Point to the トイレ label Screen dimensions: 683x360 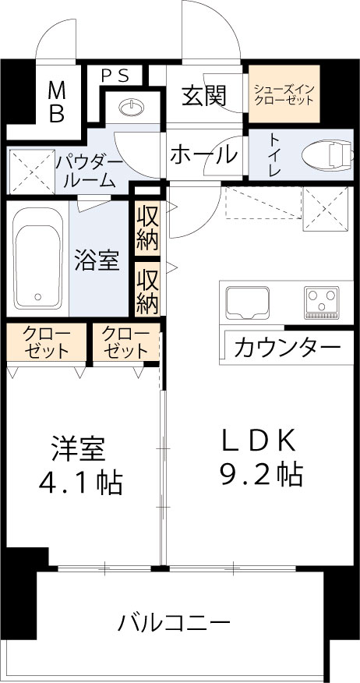275,154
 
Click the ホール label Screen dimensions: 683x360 203,154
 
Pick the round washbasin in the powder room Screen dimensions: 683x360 132,104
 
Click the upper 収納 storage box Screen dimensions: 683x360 146,227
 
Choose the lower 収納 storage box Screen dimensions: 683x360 146,290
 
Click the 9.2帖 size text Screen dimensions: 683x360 260,473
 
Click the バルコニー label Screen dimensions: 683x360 175,623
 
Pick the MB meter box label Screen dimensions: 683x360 57,101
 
